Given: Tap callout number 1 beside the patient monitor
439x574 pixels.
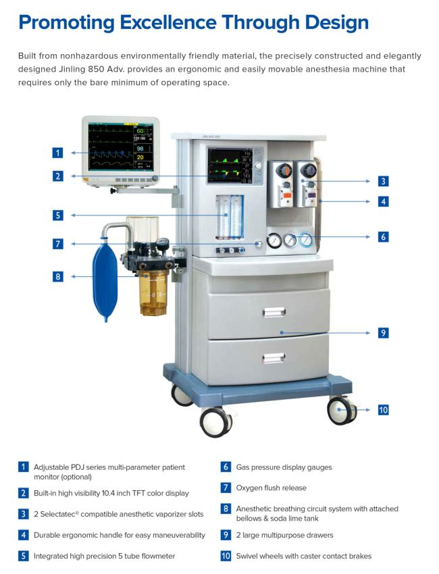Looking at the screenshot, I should coord(59,153).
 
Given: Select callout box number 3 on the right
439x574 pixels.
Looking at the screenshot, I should coord(382,180).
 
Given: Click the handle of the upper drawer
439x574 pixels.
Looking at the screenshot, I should coord(274,311).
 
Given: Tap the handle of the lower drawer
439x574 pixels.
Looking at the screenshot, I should coord(274,358).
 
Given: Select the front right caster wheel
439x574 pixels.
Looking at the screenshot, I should coord(341,411).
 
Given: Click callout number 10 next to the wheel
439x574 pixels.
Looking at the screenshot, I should coord(382,409).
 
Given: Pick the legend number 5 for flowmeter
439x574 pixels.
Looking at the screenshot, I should coord(24,556).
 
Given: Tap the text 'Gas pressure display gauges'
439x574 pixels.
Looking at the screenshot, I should coord(284,467).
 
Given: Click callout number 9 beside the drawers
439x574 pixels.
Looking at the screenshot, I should coord(382,332).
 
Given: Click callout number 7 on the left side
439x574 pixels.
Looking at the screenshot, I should coord(59,244).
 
